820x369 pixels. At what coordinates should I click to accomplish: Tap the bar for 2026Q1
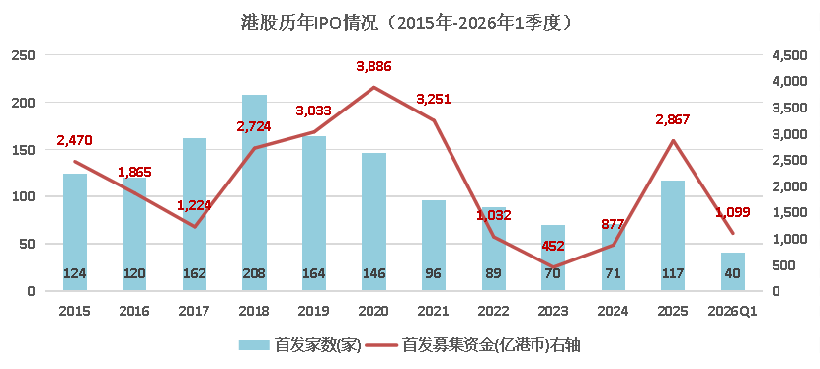(732, 271)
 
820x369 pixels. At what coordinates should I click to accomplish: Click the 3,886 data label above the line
(372, 67)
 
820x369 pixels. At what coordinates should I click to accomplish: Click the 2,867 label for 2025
(672, 119)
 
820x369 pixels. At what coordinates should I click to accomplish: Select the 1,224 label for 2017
(195, 205)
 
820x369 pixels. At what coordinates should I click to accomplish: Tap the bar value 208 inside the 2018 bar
(254, 273)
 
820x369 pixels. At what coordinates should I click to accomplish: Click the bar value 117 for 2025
(672, 273)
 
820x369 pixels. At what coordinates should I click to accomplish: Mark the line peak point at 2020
(373, 87)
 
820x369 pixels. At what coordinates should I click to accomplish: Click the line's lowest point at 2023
(553, 267)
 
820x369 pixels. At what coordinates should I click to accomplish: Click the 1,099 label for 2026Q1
(732, 212)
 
